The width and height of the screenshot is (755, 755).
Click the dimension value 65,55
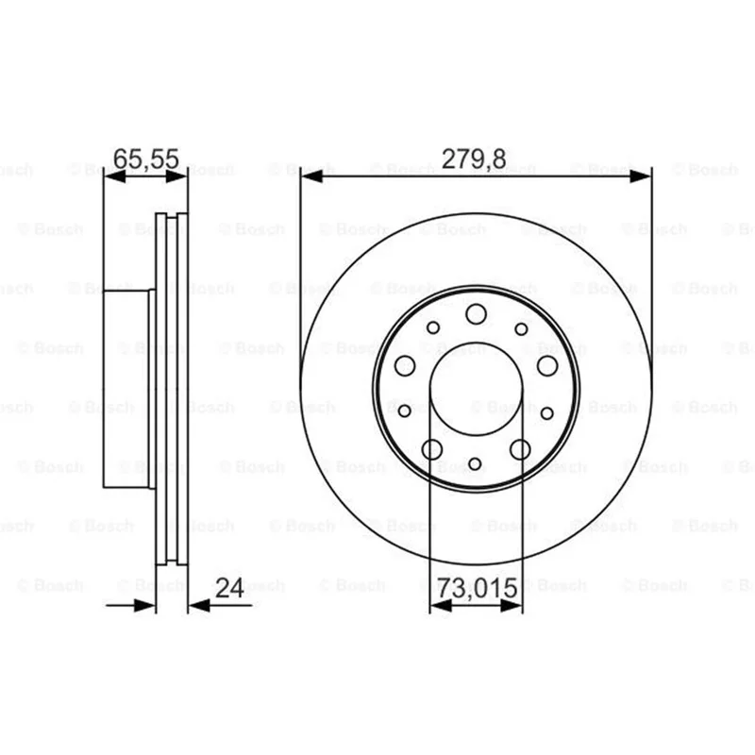146,159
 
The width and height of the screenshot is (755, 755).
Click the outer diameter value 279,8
474,159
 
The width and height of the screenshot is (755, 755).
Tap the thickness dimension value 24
229,587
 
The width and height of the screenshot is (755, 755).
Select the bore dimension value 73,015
477,588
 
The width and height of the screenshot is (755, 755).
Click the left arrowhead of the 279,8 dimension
311,176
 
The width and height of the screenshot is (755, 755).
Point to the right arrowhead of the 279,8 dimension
640,176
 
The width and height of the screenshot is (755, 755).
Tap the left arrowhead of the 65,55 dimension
115,176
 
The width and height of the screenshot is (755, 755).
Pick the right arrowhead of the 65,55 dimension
176,176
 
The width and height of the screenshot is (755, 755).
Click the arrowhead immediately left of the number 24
199,605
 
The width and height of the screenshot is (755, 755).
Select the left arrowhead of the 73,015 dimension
441,605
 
